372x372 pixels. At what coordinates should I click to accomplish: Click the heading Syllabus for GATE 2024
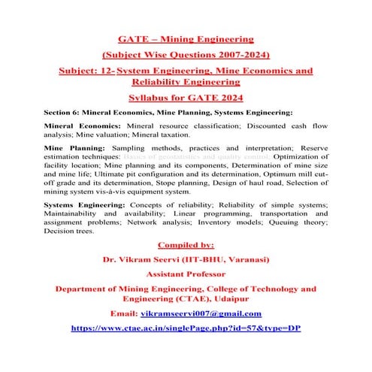[x=186, y=99]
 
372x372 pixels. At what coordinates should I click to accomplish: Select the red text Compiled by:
[x=186, y=243]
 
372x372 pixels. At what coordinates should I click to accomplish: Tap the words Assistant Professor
[x=186, y=274]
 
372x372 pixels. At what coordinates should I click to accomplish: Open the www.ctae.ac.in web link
[x=186, y=328]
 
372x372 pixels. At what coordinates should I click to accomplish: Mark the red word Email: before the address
[x=124, y=313]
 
